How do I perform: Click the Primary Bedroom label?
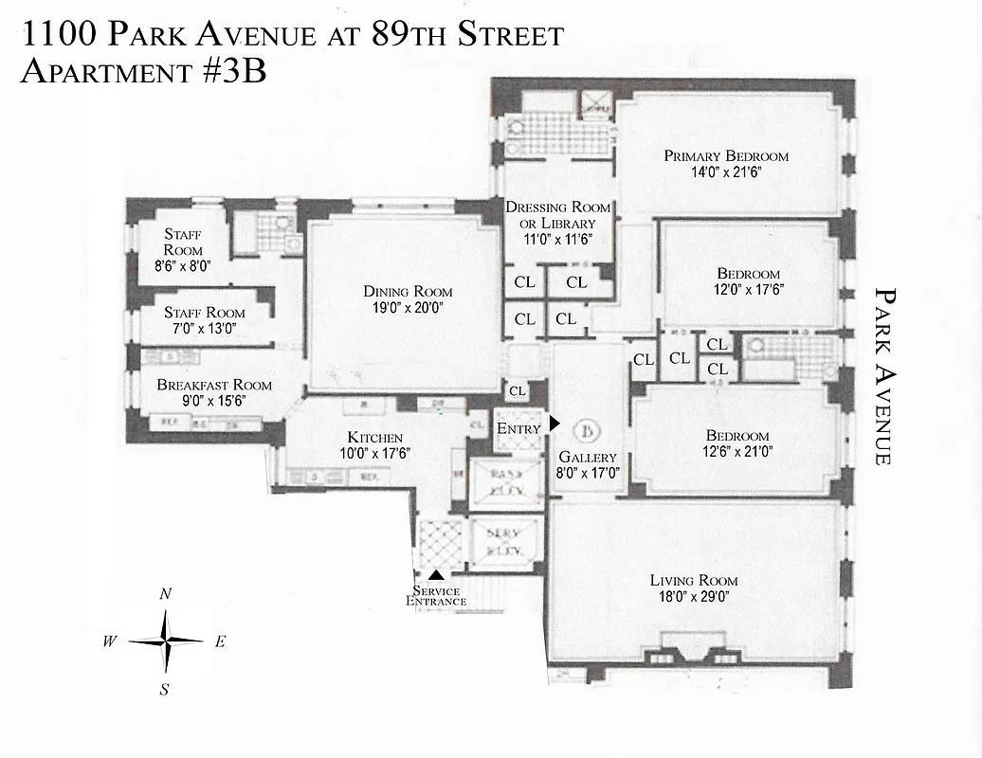[x=726, y=156]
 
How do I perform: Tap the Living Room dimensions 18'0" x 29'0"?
[x=694, y=597]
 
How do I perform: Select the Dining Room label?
[x=408, y=292]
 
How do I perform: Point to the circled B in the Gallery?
[x=588, y=433]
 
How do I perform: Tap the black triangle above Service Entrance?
[x=436, y=574]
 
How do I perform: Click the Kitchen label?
[x=375, y=438]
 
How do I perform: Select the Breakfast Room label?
[x=214, y=385]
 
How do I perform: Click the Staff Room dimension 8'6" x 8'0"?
[x=183, y=267]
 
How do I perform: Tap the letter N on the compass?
[x=166, y=594]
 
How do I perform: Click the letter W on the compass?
[x=111, y=641]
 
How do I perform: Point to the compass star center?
[x=166, y=641]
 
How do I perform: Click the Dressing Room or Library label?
[x=557, y=215]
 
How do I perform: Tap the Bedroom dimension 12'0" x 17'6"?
[x=749, y=289]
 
